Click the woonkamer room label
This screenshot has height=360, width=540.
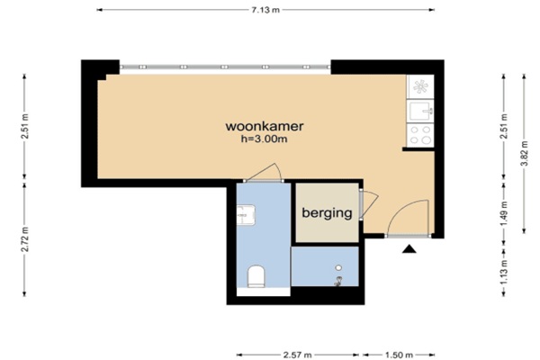point(265,126)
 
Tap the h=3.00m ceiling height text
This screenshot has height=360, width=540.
point(264,139)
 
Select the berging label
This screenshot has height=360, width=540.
point(327,213)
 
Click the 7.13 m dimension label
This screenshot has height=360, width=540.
point(265,10)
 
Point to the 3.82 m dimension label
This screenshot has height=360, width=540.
point(524,153)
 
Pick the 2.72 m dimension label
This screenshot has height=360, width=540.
point(25,238)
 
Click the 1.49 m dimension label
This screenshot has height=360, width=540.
point(504,213)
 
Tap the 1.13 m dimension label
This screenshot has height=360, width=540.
point(504,272)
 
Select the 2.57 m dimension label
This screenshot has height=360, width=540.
point(298,355)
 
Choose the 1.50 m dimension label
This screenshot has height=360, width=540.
point(399,355)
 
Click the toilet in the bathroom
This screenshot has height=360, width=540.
point(256,276)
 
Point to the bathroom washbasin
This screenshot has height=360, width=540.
point(246,215)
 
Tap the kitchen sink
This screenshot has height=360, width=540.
point(420,111)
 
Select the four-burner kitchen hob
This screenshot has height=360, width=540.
point(420,135)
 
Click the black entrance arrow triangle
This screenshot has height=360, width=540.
point(409,248)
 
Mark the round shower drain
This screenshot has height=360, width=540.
point(338,267)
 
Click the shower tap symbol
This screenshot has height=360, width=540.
point(338,282)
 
